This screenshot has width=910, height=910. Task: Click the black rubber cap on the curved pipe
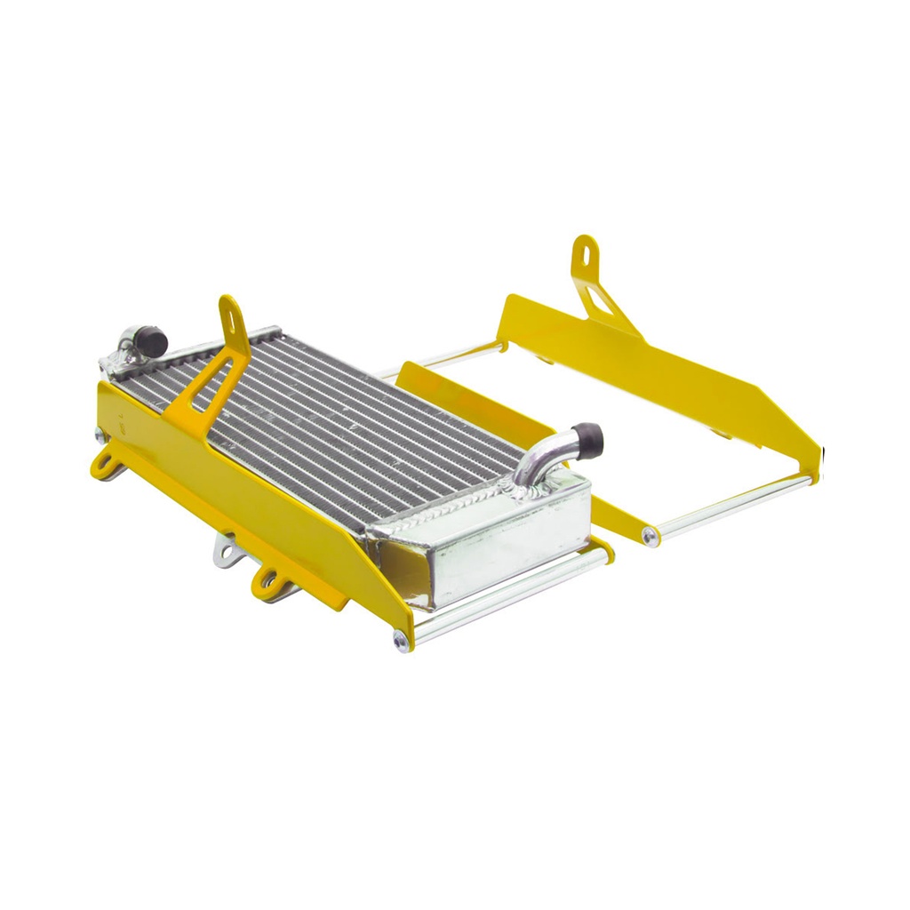click(x=587, y=436)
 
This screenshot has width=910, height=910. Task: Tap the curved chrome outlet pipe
click(x=539, y=462)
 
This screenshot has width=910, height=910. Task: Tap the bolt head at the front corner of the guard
click(x=403, y=642)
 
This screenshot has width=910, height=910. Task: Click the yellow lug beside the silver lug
click(x=267, y=583)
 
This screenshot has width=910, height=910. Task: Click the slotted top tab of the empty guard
click(x=585, y=253)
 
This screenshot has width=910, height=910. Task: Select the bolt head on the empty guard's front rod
click(x=651, y=536)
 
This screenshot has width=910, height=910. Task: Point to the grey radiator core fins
click(x=355, y=418)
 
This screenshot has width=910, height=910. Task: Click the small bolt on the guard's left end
click(x=99, y=433)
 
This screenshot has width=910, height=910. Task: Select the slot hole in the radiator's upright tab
click(x=229, y=311)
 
